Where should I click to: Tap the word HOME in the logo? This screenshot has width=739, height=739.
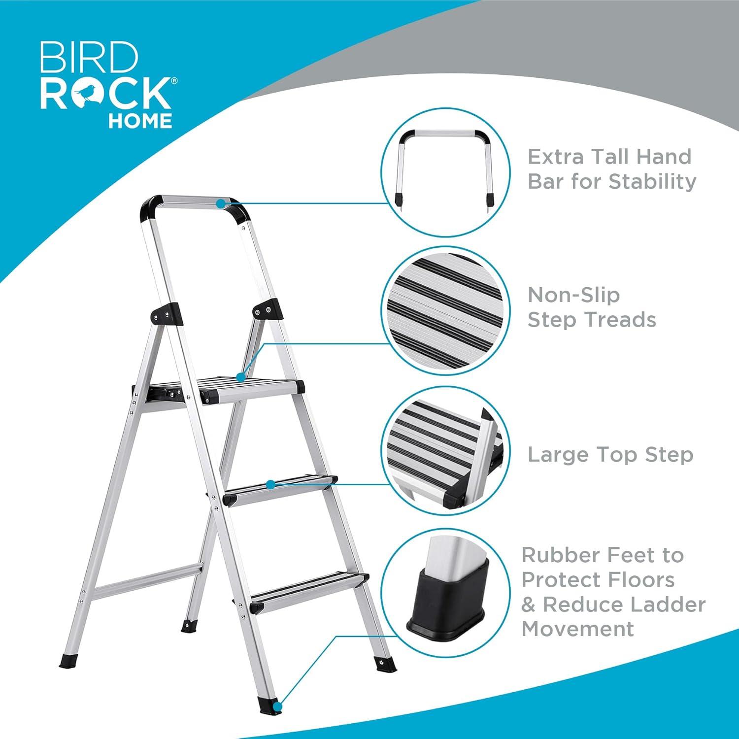click(140, 121)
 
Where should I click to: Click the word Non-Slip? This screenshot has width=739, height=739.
click(573, 295)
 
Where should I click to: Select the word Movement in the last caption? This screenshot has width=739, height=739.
click(578, 629)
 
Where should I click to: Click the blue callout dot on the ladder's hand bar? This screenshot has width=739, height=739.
click(221, 202)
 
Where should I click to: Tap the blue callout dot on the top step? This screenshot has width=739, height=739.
click(241, 377)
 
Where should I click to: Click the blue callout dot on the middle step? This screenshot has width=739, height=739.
click(270, 484)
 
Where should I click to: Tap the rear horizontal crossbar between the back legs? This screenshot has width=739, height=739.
click(148, 581)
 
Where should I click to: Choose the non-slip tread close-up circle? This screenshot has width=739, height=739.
click(446, 310)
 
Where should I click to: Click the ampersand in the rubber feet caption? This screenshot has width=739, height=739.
click(529, 605)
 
